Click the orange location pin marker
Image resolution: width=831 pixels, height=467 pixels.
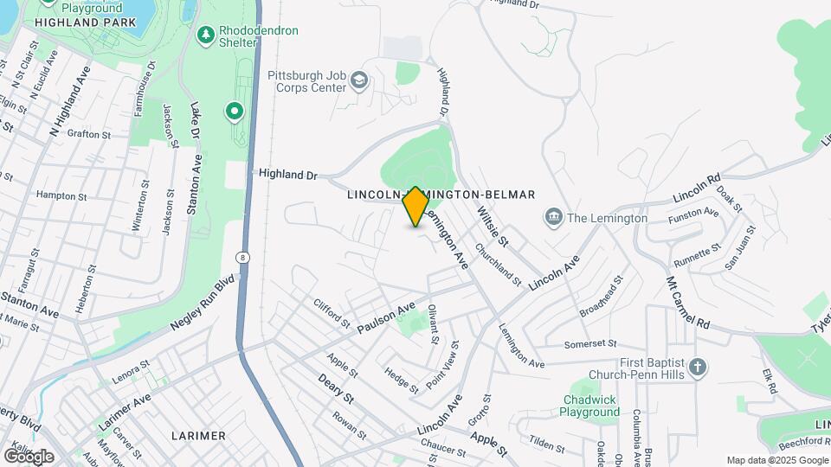pyautogui.click(x=415, y=206)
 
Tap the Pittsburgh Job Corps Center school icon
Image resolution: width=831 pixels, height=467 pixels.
pyautogui.click(x=359, y=82)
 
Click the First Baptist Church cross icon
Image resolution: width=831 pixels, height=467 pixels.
pyautogui.click(x=699, y=369)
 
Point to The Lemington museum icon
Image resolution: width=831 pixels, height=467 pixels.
pyautogui.click(x=553, y=217)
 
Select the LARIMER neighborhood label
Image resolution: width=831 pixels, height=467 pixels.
pyautogui.click(x=198, y=435)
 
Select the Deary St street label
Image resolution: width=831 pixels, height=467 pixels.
pyautogui.click(x=336, y=387)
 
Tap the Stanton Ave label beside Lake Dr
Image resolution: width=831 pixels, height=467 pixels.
pyautogui.click(x=197, y=183)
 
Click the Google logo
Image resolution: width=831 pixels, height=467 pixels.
pyautogui.click(x=29, y=456)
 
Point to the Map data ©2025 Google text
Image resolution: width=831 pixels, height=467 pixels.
pyautogui.click(x=776, y=460)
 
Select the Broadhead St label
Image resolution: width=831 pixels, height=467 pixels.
pyautogui.click(x=602, y=295)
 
